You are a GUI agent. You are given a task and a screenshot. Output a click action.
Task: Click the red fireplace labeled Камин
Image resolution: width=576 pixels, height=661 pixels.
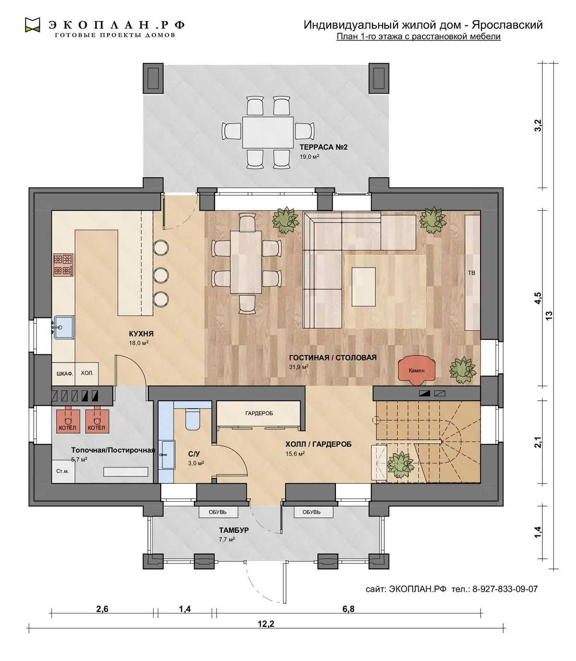417,370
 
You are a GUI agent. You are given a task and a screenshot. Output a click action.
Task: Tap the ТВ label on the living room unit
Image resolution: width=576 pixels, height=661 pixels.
471,273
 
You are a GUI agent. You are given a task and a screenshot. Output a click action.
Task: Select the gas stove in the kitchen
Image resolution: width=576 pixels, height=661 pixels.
63,265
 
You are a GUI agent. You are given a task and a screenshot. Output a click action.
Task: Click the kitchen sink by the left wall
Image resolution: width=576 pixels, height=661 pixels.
64,327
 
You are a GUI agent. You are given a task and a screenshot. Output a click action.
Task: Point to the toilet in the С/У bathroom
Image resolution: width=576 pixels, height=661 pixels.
193,419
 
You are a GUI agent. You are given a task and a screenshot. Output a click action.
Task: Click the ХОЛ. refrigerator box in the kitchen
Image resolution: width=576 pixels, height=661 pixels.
87,373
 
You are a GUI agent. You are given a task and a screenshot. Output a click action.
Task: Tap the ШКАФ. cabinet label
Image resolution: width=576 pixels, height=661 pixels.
65,374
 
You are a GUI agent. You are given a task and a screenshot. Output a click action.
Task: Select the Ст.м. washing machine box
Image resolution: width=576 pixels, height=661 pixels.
63,471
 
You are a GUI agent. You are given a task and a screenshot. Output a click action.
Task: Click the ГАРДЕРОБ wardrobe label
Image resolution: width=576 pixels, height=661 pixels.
259,413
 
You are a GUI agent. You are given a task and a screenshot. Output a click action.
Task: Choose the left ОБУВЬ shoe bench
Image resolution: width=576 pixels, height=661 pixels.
218,512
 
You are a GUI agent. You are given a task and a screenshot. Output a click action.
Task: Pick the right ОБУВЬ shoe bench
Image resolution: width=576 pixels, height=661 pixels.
312,512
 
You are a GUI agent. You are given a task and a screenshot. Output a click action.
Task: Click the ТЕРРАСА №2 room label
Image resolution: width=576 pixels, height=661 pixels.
324,147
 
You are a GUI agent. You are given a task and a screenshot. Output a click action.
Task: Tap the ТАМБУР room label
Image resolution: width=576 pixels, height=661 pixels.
234,530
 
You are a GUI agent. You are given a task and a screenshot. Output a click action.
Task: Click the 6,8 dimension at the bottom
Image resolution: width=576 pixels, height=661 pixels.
348,609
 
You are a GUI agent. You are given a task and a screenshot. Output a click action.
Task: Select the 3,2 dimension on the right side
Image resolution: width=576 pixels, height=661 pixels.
538,125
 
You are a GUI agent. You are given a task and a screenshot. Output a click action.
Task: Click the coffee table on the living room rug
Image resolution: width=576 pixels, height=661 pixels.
364,287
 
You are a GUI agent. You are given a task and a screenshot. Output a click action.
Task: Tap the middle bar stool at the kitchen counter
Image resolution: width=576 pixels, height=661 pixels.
161,275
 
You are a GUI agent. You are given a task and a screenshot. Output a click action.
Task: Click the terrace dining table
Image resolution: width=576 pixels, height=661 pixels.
268,132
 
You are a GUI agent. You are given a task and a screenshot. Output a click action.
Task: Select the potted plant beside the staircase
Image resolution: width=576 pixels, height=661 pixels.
401,465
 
